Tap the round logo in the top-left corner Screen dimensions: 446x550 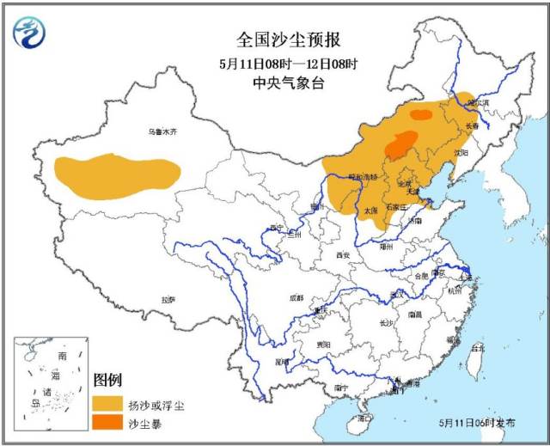pos(29,32)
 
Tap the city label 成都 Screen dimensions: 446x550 pos(296,298)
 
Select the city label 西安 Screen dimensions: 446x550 pos(344,255)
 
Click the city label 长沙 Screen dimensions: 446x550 pos(386,323)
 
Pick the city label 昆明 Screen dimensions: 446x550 pos(281,362)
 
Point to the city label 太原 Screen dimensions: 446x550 pos(370,211)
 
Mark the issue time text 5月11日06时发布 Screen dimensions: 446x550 pos(477,424)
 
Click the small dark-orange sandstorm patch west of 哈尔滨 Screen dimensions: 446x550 pos(421,114)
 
